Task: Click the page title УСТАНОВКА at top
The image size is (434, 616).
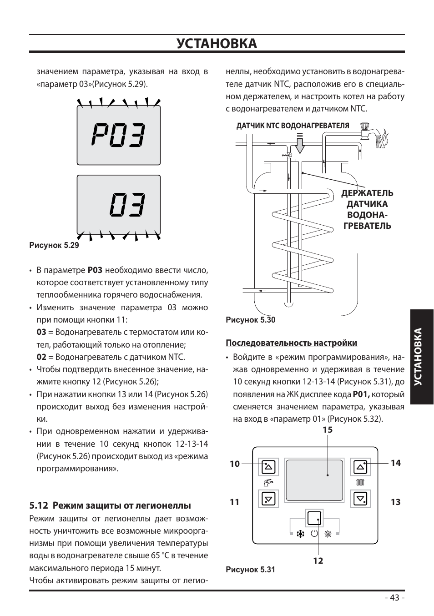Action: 217,44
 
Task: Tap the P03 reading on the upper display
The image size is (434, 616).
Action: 119,135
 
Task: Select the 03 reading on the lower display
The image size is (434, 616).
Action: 128,205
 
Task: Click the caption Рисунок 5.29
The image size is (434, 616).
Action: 54,245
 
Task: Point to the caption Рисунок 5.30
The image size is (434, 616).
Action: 251,320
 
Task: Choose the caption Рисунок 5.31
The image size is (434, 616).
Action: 251,570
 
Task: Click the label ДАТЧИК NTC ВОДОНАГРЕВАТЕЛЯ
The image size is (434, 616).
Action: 293,126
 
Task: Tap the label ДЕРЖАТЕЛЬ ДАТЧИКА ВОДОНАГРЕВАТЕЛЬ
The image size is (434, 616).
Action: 367,209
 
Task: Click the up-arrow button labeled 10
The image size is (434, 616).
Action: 269,467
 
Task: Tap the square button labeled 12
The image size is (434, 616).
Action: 314,519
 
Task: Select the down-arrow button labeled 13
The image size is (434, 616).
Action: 360,499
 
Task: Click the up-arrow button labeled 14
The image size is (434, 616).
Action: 360,467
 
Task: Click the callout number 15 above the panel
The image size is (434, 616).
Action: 328,430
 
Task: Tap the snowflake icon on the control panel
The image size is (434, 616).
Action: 300,534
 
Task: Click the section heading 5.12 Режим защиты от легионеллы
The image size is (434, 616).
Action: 110,505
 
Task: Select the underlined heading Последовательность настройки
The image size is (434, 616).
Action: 292,343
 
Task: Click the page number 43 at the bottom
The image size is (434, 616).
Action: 394,598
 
